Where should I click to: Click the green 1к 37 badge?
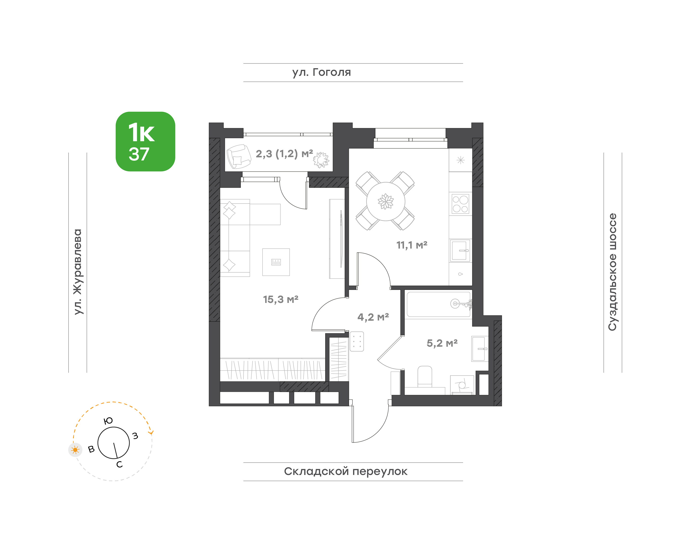tap(145, 141)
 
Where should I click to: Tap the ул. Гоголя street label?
tap(322, 72)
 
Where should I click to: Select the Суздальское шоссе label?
tap(612, 272)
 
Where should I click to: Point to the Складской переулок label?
tap(345, 471)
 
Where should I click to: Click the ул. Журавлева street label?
tap(78, 272)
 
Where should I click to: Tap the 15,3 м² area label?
tap(281, 299)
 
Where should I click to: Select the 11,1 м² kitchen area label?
tap(412, 245)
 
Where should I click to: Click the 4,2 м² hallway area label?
tap(373, 317)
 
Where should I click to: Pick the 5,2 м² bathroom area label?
tap(442, 343)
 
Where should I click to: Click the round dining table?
tap(386, 201)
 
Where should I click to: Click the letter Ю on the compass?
tap(108, 421)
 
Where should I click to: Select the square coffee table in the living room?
tap(276, 262)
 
